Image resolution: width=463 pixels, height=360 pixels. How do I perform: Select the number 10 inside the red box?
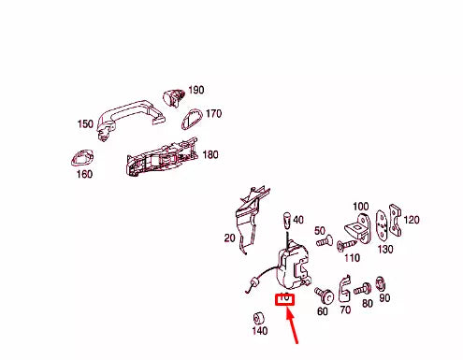click(284, 299)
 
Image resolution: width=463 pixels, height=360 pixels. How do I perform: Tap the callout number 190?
click(195, 91)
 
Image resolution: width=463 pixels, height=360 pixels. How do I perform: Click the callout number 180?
click(210, 154)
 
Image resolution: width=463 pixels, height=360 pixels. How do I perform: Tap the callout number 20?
click(229, 238)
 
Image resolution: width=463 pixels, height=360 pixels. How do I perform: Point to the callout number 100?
click(360, 206)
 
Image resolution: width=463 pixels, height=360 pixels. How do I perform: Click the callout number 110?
click(352, 256)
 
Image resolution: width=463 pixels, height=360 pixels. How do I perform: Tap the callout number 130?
click(385, 249)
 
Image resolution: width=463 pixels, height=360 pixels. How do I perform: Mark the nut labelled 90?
click(381, 281)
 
